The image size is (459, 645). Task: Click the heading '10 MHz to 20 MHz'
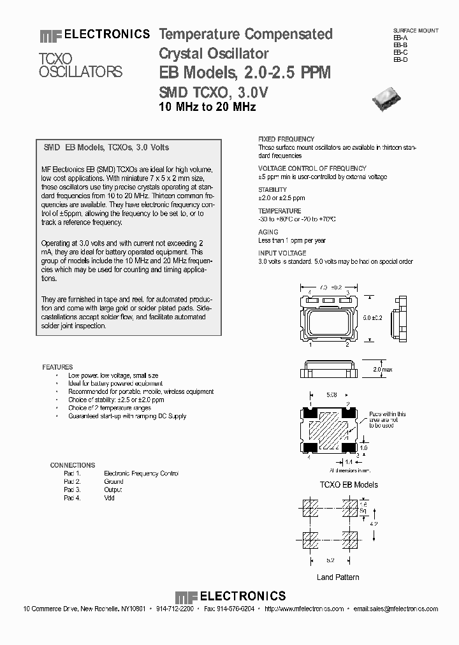207,107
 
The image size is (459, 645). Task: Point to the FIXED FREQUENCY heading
286,139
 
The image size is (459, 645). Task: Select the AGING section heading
268,233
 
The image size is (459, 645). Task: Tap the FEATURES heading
57,367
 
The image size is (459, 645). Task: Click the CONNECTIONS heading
72,465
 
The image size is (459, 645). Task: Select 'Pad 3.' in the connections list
73,489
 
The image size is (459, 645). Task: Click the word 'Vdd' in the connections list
110,498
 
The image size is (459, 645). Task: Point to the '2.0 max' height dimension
374,369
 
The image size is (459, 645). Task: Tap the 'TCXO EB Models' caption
348,484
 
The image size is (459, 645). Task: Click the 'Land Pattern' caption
338,577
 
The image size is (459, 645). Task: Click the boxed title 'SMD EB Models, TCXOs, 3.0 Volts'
106,147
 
